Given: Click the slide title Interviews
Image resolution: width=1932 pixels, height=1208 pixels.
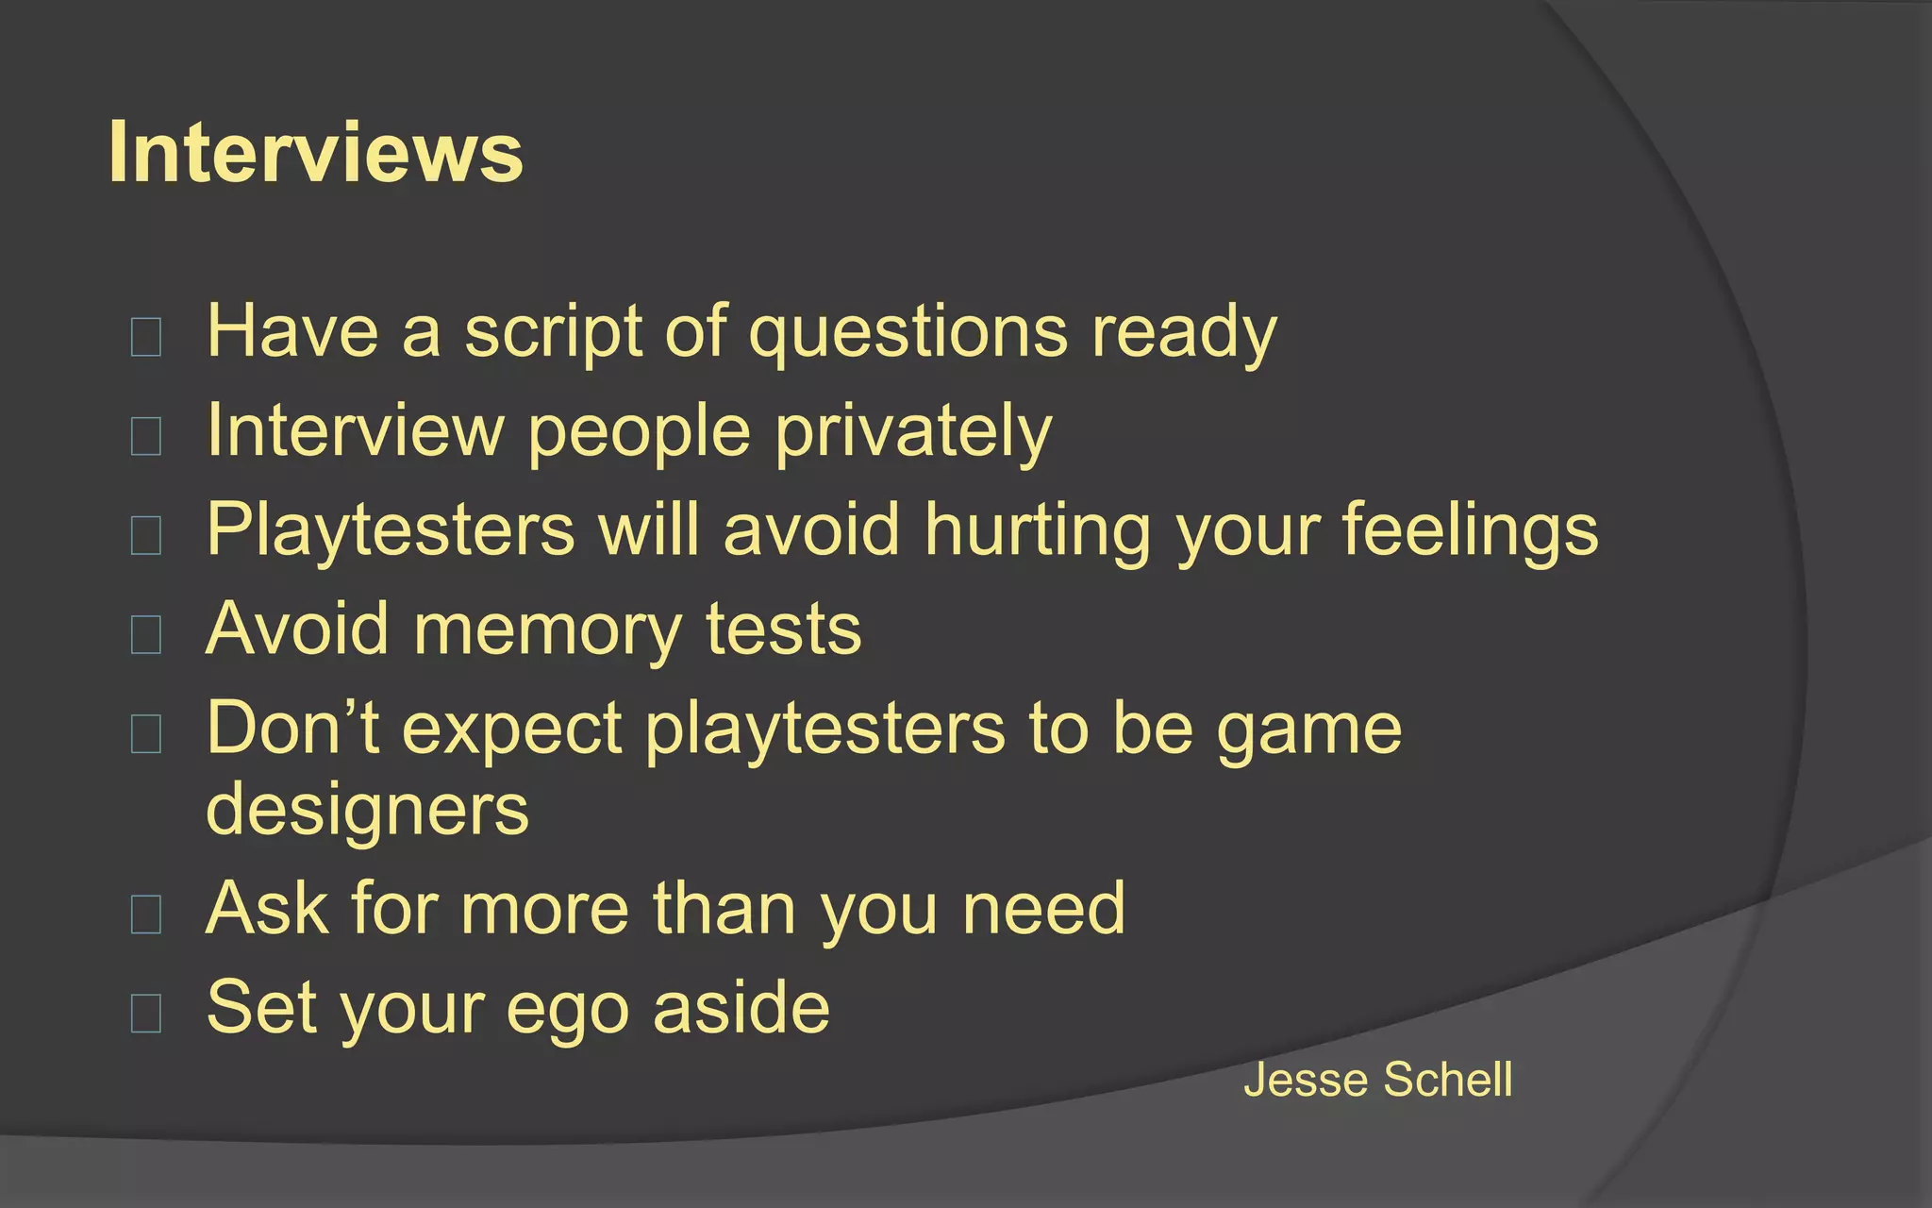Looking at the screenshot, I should (x=315, y=153).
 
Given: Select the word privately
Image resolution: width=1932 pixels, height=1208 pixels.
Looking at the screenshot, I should (x=912, y=431).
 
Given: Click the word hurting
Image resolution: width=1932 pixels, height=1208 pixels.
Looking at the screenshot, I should (x=1038, y=530).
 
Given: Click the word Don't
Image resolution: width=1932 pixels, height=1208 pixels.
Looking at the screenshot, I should (x=292, y=729).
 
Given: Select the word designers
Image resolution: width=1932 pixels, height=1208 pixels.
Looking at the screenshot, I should (x=368, y=810).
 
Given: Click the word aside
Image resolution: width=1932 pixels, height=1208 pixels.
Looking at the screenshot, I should (x=741, y=1008).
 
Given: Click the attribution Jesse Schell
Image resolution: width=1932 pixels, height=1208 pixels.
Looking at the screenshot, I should (x=1377, y=1080).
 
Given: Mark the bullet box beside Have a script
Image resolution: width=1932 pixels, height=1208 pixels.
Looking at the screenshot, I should (x=146, y=337).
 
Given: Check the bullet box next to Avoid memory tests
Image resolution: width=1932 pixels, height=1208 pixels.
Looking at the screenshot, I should (x=146, y=634).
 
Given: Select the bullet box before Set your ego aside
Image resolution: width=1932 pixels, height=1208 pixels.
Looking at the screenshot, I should (x=146, y=1013).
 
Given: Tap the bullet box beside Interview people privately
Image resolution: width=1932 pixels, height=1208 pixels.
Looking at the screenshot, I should (x=146, y=436).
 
